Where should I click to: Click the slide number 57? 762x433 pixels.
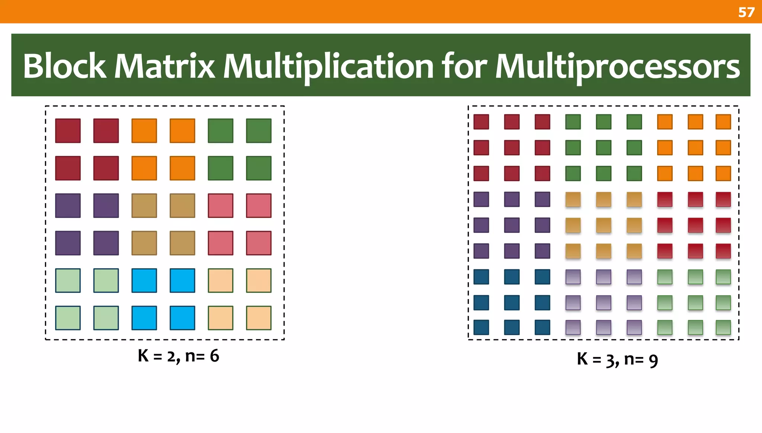click(746, 12)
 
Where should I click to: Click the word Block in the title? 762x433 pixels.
click(64, 66)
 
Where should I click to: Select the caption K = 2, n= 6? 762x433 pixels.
click(178, 356)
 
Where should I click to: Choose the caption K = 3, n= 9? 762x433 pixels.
click(617, 359)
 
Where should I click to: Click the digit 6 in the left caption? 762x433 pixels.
click(214, 356)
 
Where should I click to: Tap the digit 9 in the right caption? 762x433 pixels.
click(653, 360)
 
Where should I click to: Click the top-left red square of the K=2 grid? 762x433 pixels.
click(68, 131)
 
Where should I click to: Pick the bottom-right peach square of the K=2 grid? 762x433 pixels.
click(259, 318)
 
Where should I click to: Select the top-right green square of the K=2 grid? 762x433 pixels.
click(259, 131)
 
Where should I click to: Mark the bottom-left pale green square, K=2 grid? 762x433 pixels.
click(68, 318)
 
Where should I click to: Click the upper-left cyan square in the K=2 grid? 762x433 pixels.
click(144, 280)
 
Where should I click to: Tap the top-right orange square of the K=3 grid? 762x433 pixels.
click(723, 122)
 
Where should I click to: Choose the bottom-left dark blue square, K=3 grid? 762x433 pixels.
click(481, 327)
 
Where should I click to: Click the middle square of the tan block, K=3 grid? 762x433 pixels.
click(603, 225)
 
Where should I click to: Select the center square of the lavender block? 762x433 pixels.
click(603, 302)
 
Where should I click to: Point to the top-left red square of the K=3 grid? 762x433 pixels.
click(481, 122)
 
